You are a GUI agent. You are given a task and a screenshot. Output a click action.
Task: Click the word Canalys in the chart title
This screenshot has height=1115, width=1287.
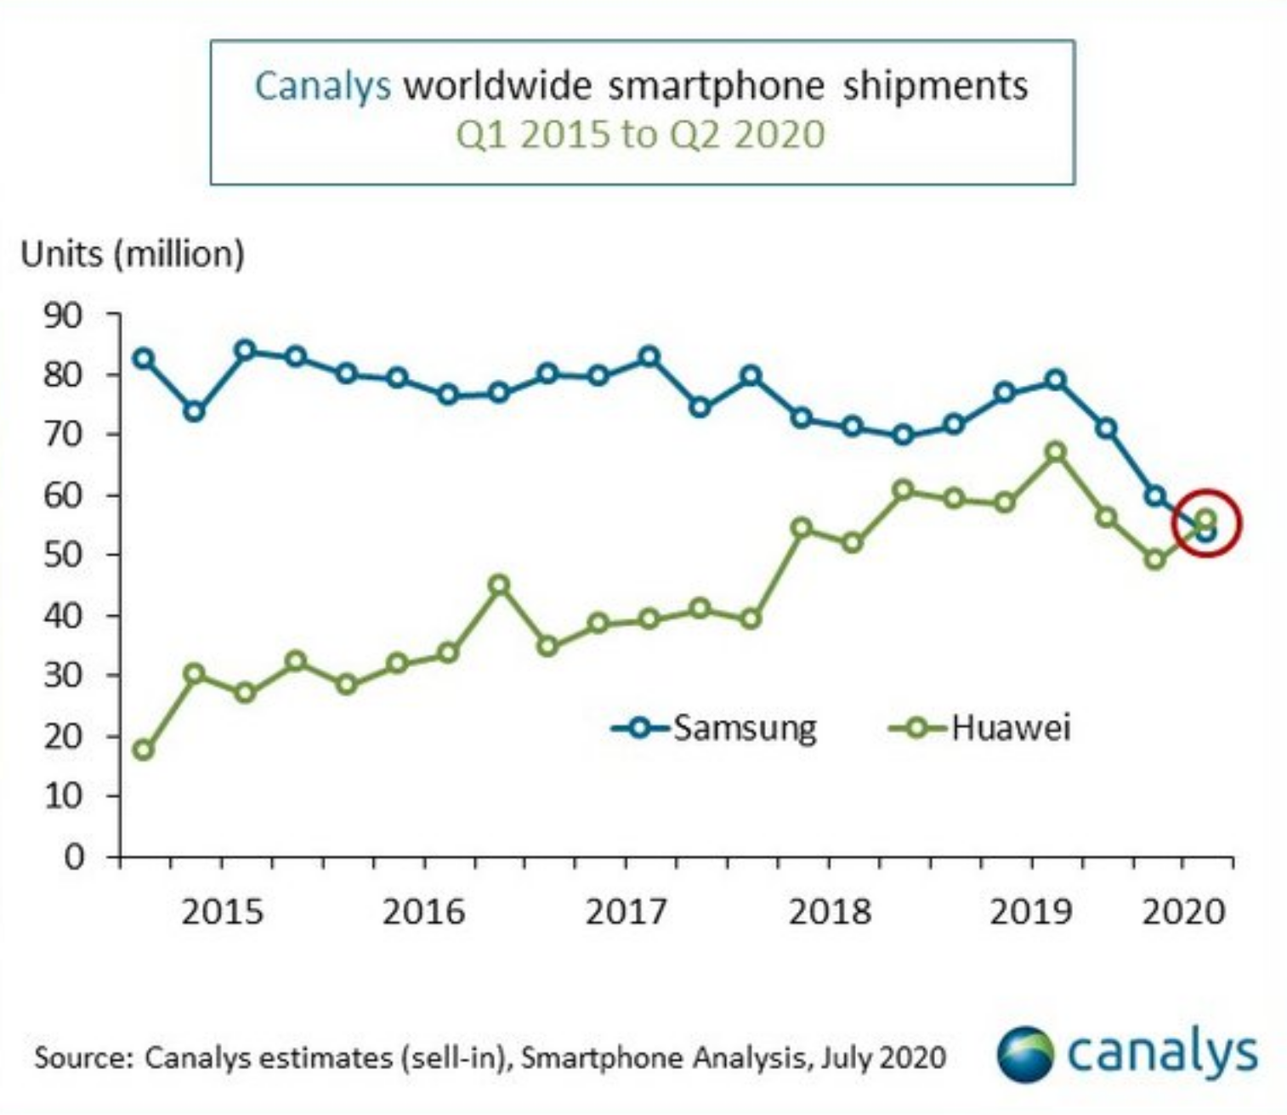point(322,86)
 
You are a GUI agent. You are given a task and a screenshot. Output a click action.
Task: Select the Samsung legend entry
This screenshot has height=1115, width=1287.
point(714,727)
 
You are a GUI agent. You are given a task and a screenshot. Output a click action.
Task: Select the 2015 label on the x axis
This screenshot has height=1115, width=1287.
point(223,912)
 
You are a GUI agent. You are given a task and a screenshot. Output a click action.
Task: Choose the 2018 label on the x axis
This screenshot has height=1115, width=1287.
point(830,912)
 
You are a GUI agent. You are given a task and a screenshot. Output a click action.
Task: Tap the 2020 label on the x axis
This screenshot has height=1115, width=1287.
point(1183,912)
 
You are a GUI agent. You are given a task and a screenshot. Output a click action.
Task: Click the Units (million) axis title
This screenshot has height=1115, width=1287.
point(133,254)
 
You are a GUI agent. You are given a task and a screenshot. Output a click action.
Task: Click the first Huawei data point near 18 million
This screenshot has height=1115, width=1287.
point(144,750)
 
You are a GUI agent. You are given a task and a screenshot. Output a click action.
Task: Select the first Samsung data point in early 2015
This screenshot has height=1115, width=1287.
point(144,359)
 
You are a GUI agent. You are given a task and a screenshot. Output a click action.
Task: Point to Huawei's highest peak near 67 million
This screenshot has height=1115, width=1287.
point(1056,452)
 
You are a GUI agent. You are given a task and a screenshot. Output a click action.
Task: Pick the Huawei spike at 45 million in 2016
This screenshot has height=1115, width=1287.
point(499,585)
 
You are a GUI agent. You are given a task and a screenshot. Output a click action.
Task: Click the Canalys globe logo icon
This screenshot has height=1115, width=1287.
point(1025,1055)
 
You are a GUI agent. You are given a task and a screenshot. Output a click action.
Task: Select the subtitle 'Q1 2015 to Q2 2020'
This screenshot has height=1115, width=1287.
point(641,134)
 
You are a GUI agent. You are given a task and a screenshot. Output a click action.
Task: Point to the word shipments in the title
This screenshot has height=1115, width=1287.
point(935,86)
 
